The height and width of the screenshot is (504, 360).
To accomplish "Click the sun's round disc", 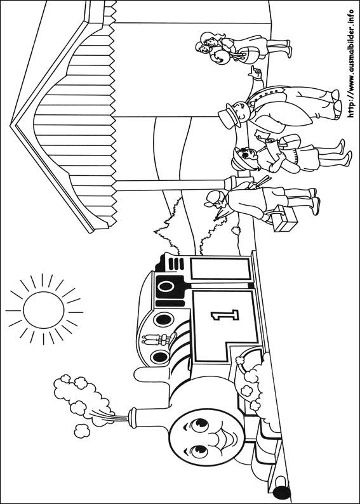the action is (x=43, y=310).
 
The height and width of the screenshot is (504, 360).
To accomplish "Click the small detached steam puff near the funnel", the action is (x=82, y=431).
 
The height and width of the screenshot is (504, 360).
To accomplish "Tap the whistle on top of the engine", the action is (x=158, y=340).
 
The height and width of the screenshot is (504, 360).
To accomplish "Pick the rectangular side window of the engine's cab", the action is (x=220, y=269).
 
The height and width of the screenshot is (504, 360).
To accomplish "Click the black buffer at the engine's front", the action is (x=281, y=493).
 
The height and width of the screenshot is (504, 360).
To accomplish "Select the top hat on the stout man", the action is (x=230, y=116).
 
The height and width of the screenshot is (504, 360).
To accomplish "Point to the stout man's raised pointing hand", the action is (x=255, y=72).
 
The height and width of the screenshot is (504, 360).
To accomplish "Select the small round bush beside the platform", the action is (x=236, y=230).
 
